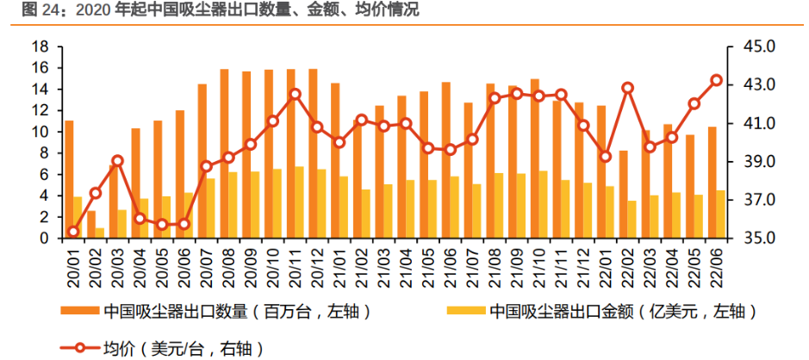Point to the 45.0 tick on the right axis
(x=753, y=47)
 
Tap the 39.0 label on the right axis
(x=753, y=162)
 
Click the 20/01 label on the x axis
(x=72, y=263)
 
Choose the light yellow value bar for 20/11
(x=299, y=202)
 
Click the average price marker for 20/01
(x=73, y=232)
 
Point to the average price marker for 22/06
(x=716, y=80)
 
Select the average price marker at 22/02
(x=627, y=88)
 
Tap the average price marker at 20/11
(x=295, y=94)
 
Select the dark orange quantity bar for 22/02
(x=623, y=195)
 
